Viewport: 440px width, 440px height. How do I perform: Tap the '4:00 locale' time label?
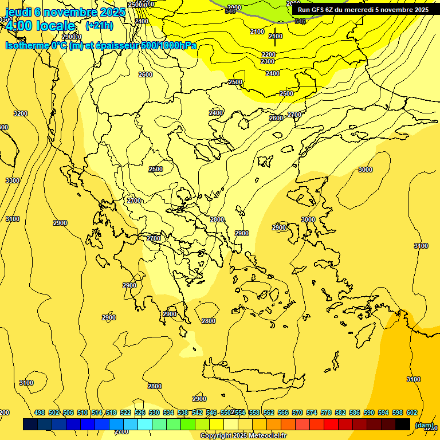coord(40,26)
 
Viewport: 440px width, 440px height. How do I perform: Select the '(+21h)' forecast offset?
coord(99,26)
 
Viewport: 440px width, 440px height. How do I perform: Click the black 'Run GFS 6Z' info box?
coord(363,10)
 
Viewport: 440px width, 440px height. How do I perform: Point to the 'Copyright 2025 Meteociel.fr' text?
coord(243,436)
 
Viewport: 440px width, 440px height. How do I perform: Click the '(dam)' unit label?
coord(424,425)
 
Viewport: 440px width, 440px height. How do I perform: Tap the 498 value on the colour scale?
coord(40,412)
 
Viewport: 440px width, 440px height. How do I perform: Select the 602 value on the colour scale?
coord(411,412)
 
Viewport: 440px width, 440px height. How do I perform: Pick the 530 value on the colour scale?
coord(154,412)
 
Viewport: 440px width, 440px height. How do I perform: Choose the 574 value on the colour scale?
coord(312,412)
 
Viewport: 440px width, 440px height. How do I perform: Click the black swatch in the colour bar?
coord(403,424)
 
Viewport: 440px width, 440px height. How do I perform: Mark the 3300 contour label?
coord(13,180)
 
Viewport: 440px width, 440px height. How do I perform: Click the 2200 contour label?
coord(268,54)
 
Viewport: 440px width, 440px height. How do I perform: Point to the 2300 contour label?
coord(267,61)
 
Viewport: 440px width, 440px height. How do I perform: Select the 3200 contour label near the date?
coord(21,113)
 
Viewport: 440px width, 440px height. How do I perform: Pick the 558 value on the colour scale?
coord(269,412)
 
